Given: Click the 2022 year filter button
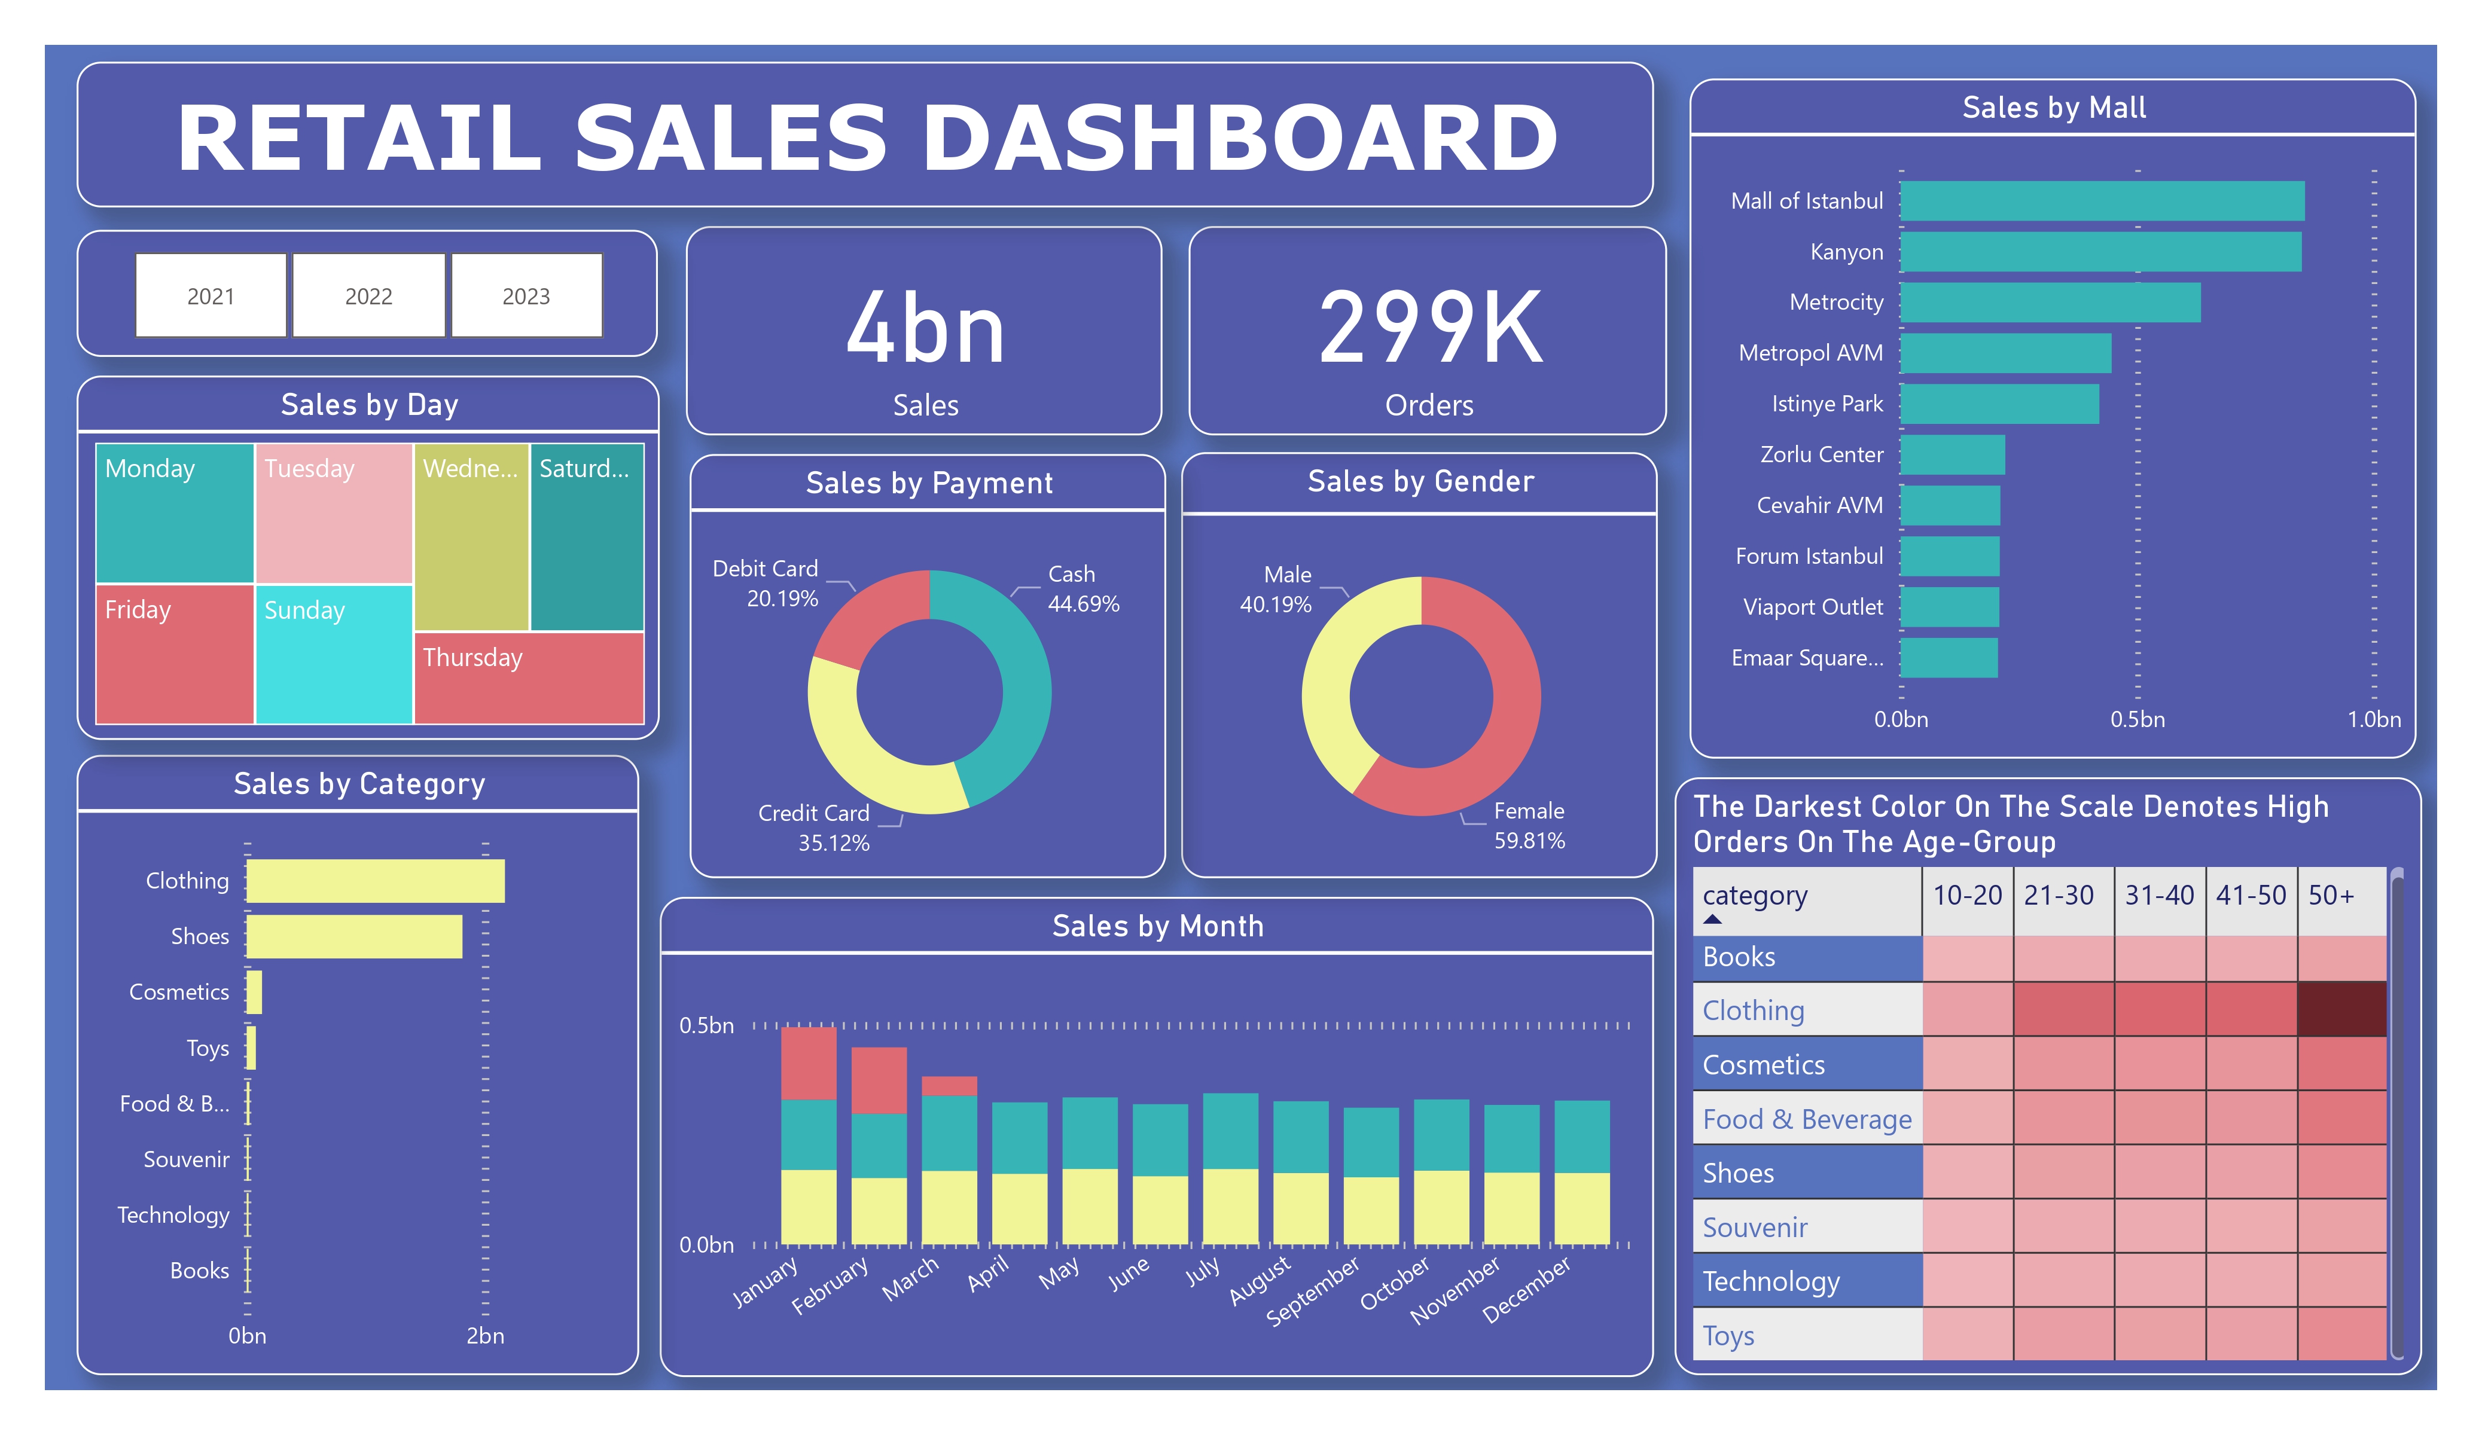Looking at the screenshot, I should (x=368, y=295).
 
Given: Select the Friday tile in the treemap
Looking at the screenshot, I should (x=174, y=653).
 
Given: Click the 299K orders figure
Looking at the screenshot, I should (x=1429, y=328).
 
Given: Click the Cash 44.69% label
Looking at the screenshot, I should (x=1083, y=589).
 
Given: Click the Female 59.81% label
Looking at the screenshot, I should (x=1529, y=825).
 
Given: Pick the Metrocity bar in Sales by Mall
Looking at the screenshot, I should (x=2048, y=303).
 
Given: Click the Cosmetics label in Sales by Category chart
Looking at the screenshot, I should (x=179, y=992).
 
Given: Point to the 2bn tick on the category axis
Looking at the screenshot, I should (x=484, y=1336).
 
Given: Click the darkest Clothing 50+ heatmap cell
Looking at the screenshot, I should (x=2341, y=1009).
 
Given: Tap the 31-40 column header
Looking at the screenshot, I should (x=2159, y=895).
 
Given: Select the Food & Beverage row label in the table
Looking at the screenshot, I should (x=1806, y=1119).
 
